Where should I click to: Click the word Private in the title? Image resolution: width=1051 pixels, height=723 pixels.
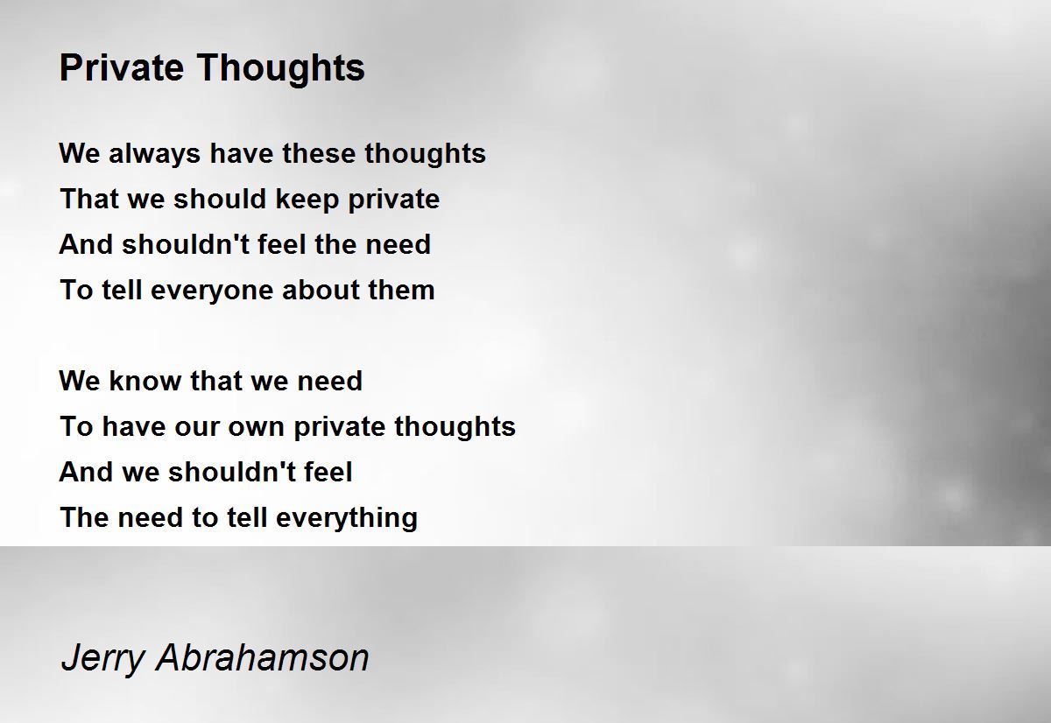tap(122, 67)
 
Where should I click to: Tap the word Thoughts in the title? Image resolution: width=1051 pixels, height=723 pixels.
tap(280, 68)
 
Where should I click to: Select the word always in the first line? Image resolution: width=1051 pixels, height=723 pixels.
tap(154, 154)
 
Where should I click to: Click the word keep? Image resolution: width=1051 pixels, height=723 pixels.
tap(307, 200)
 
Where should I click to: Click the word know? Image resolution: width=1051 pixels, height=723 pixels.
tap(145, 381)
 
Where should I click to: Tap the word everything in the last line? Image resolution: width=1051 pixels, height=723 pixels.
tap(347, 518)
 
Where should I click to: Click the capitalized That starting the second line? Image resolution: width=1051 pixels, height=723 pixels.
tap(89, 199)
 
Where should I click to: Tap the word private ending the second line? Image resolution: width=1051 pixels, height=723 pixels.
tap(393, 200)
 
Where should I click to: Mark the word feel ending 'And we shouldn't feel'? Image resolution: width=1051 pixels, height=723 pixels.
tap(328, 472)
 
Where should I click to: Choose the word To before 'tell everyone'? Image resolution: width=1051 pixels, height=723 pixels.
tap(76, 290)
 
